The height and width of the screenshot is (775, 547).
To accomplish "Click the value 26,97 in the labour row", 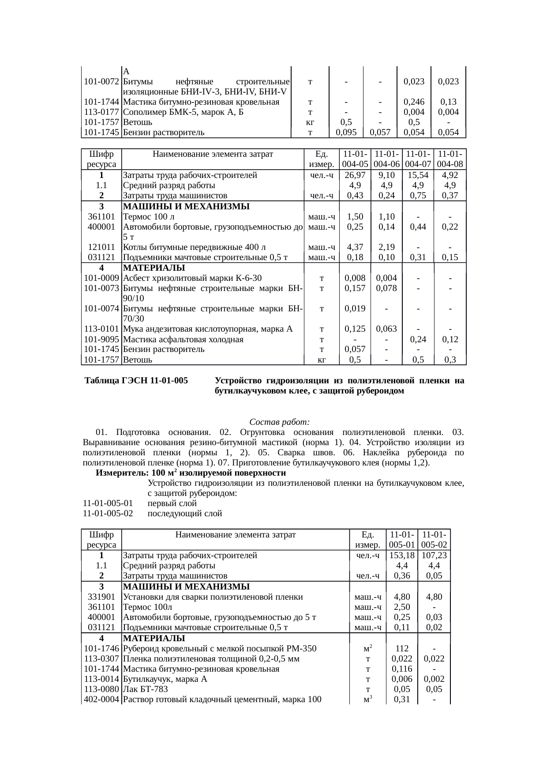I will point(355,175).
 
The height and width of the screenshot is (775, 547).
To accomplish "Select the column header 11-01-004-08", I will point(450,159).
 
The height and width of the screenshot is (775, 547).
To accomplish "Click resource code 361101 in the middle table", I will point(101,217).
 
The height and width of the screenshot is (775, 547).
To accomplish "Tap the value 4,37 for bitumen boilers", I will point(355,247).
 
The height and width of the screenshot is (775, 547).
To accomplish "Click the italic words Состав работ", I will point(280,421).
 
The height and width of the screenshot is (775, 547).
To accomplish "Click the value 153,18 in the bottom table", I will point(401,556).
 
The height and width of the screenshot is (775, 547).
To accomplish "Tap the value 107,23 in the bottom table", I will point(434,556).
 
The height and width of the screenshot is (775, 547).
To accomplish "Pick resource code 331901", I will point(101,597).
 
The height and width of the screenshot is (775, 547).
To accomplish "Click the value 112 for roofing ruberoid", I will point(401,649).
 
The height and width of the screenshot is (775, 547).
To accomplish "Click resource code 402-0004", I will point(101,699).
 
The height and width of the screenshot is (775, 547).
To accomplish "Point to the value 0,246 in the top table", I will point(414,102).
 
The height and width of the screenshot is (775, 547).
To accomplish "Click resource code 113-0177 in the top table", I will point(101,112).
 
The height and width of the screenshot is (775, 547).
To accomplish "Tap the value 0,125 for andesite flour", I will point(355,329).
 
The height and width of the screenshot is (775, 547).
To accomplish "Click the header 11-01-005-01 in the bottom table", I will point(401,540).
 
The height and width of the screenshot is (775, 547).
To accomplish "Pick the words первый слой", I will point(172,503).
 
